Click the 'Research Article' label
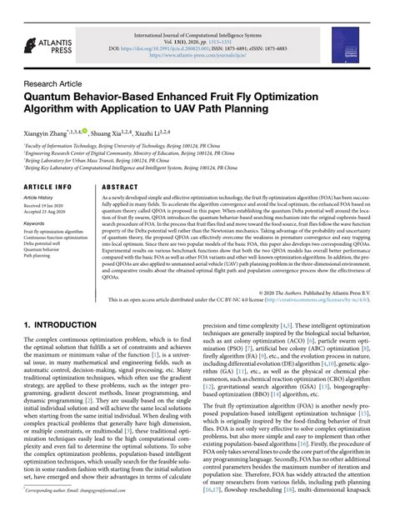coord(52,83)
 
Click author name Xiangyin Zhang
coord(48,133)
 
